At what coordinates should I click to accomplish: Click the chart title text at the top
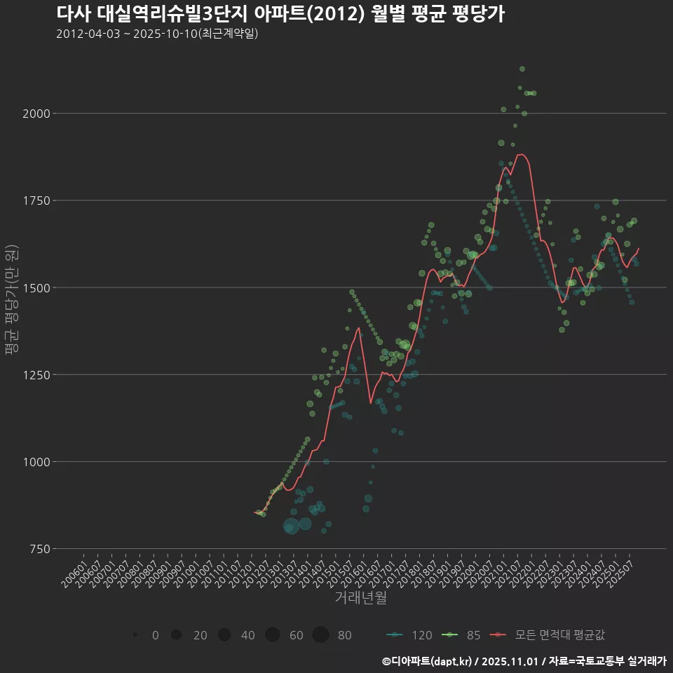280,14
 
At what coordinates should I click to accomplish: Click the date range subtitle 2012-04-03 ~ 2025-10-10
157,34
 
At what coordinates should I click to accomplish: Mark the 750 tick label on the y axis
35,549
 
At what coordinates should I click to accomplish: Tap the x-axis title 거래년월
360,597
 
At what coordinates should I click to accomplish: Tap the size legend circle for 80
320,635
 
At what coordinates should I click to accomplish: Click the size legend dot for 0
134,635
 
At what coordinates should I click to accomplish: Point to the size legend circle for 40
224,635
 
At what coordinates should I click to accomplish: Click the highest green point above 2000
522,69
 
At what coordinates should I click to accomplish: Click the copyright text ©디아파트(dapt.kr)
428,661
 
